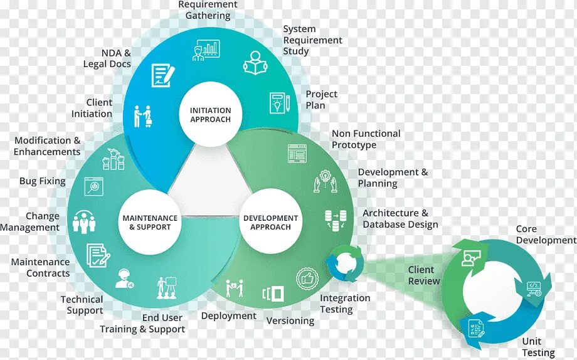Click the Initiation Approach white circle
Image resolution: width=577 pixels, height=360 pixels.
coord(210,115)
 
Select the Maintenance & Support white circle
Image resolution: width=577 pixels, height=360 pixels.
coord(150,223)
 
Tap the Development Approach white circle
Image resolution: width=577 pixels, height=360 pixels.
coord(270,223)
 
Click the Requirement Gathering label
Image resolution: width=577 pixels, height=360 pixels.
coord(208,9)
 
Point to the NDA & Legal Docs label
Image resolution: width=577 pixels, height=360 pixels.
coord(107,58)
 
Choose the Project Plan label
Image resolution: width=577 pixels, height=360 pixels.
coord(321,99)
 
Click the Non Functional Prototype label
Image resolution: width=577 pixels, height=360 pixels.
coord(366,139)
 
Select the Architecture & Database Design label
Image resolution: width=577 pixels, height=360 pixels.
coord(400,218)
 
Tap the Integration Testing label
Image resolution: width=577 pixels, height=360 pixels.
coord(345,304)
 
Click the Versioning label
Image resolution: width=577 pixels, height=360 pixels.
coord(290,320)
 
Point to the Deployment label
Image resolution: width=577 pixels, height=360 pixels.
coord(228,315)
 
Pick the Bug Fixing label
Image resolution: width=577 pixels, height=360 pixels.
coord(42,181)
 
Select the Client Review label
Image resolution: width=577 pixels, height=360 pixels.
coord(424,275)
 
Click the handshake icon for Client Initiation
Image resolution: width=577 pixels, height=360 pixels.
coord(142,115)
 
